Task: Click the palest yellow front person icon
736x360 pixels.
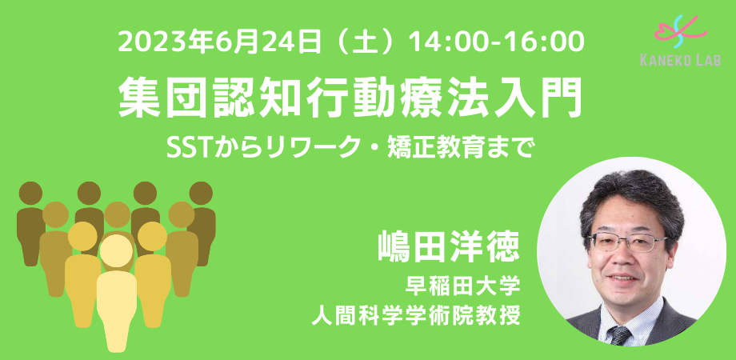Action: pos(117,288)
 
